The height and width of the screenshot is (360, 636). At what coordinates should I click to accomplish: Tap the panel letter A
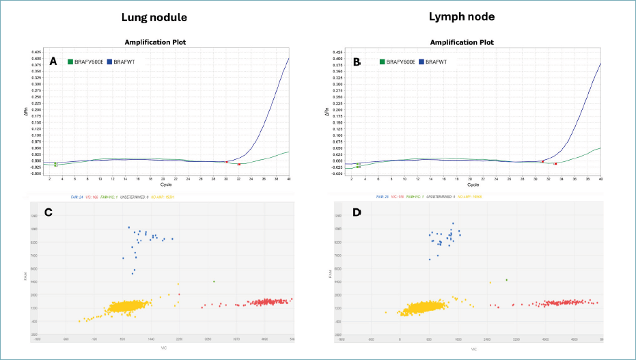pyautogui.click(x=53, y=61)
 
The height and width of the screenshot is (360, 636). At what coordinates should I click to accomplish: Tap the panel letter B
pyautogui.click(x=357, y=61)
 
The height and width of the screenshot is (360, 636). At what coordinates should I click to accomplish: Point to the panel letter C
pyautogui.click(x=49, y=212)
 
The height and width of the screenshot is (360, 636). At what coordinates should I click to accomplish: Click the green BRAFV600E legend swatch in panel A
pyautogui.click(x=70, y=62)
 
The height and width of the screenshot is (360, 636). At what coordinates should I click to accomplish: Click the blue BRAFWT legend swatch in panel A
pyautogui.click(x=109, y=62)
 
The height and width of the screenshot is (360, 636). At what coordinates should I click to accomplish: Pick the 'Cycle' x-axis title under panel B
pyautogui.click(x=473, y=184)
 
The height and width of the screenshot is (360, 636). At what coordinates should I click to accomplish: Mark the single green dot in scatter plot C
pyautogui.click(x=214, y=281)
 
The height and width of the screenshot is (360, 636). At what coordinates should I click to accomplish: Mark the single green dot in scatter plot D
pyautogui.click(x=506, y=279)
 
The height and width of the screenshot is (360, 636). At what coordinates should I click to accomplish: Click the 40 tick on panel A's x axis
pyautogui.click(x=289, y=179)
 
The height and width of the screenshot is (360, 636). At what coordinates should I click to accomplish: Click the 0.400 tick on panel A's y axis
pyautogui.click(x=36, y=59)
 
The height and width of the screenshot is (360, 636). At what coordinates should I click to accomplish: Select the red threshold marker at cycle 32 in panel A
pyautogui.click(x=239, y=164)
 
